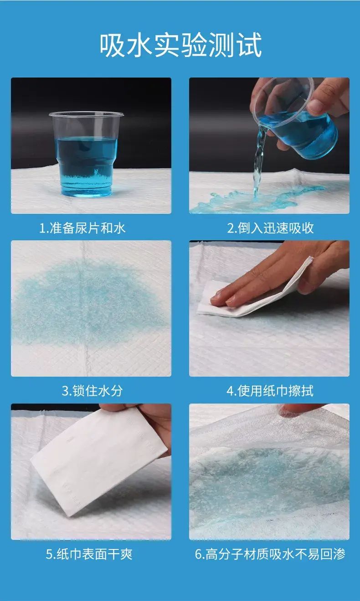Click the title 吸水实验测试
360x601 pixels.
click(x=180, y=45)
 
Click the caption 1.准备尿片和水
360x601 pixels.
click(x=82, y=228)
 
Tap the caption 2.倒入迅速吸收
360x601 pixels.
click(x=271, y=228)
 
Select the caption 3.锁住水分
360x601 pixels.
click(x=92, y=391)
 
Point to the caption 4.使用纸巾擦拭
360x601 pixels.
click(x=270, y=391)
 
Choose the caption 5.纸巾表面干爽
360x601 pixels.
click(x=89, y=554)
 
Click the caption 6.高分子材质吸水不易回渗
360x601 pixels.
click(x=270, y=554)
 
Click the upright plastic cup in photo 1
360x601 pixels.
click(x=86, y=154)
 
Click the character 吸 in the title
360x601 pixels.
click(x=113, y=45)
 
